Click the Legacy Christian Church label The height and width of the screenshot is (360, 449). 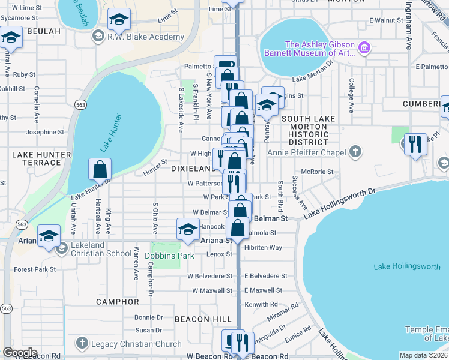(136, 344)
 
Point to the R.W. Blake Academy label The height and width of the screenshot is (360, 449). (145, 37)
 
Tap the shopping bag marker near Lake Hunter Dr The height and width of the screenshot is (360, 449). (100, 169)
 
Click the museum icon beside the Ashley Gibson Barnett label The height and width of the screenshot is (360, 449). (364, 47)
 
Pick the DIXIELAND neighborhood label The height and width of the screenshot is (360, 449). (192, 169)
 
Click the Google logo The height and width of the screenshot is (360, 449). (20, 353)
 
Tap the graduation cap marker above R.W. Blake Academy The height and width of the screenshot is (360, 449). (119, 20)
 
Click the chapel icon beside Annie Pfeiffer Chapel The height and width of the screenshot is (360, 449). (355, 152)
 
